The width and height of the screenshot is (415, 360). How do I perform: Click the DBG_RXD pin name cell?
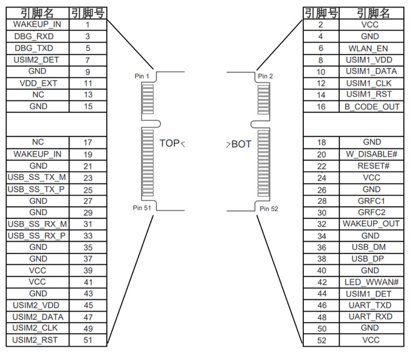tap(38, 36)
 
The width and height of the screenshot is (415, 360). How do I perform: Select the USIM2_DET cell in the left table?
tap(38, 60)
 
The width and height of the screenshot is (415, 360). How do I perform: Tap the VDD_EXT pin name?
tap(38, 83)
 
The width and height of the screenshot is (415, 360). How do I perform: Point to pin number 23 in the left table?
tap(88, 178)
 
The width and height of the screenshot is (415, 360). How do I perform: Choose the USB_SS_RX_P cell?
tap(38, 235)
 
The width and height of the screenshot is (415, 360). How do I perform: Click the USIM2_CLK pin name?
tap(38, 328)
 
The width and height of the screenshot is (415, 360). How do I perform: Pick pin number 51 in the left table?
tap(88, 340)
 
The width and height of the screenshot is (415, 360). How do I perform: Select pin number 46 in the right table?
tap(321, 305)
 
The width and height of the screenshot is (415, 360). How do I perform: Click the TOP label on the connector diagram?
tap(170, 143)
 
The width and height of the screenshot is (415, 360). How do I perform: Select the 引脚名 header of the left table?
tap(38, 13)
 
